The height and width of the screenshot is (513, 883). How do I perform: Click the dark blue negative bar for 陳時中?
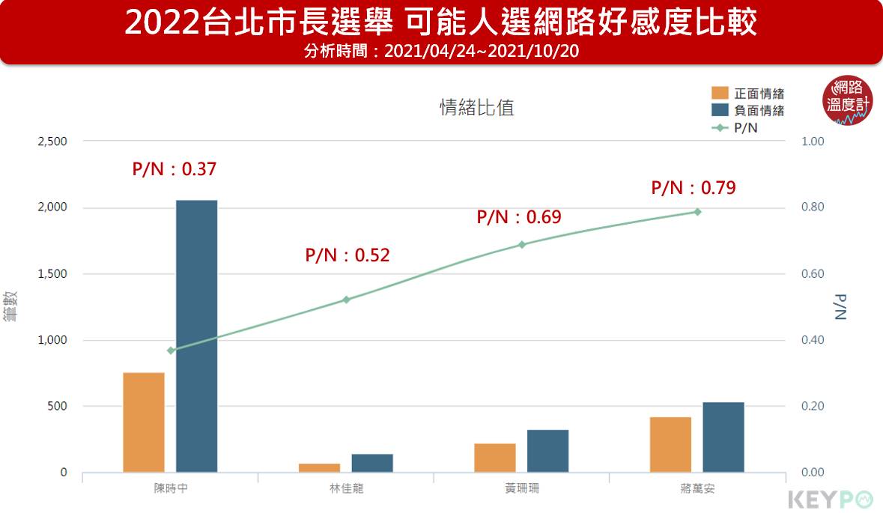[x=196, y=336]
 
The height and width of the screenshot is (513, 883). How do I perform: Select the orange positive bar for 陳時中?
[x=144, y=422]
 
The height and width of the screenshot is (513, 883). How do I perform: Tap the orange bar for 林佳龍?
[x=319, y=468]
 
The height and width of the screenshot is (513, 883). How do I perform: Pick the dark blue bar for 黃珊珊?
[x=547, y=451]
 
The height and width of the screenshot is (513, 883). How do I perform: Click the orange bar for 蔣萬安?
[x=670, y=445]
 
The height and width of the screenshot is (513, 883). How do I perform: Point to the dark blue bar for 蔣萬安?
[x=723, y=437]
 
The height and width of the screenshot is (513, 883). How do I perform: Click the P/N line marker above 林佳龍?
[x=346, y=300]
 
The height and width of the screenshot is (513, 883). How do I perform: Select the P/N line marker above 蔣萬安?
[x=697, y=212]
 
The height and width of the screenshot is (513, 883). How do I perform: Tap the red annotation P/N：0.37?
[x=175, y=170]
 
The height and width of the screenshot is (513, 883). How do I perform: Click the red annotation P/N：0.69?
[x=519, y=218]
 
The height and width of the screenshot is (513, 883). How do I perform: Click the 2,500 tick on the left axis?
[x=52, y=142]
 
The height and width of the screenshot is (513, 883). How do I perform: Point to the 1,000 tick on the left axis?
[x=52, y=340]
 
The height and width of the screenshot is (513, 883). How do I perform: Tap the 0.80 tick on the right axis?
[x=813, y=207]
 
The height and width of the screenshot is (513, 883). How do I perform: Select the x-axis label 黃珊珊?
[x=522, y=489]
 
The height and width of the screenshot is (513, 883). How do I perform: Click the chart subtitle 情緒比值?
[x=476, y=108]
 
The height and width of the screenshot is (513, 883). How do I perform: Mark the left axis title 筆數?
[x=10, y=306]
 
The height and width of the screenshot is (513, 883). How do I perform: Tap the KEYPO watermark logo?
[x=831, y=499]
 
